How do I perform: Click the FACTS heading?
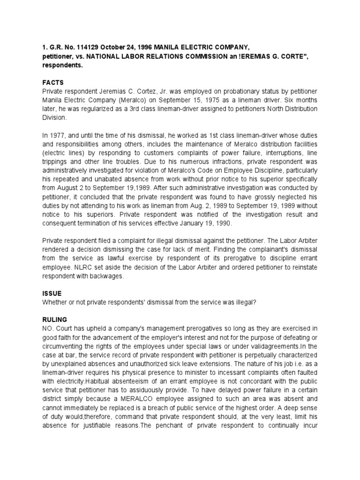coord(52,82)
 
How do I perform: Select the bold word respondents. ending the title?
coord(63,66)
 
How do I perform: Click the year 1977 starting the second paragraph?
coord(56,135)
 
